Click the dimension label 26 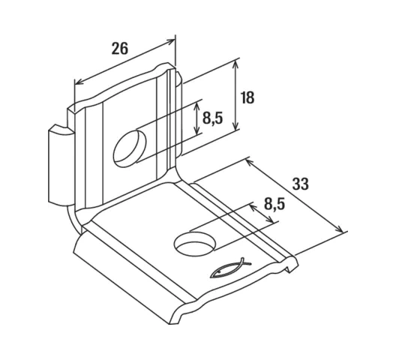[120, 48]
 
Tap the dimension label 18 [247, 97]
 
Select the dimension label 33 [301, 184]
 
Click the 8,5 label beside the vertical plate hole [213, 118]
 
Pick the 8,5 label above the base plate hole [274, 204]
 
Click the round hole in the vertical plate [130, 148]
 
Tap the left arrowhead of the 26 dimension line [78, 82]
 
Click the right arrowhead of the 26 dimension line [171, 41]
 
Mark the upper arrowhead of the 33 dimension [249, 162]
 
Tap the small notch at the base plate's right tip [290, 268]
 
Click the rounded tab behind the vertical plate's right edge [178, 114]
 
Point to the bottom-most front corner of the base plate [169, 323]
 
